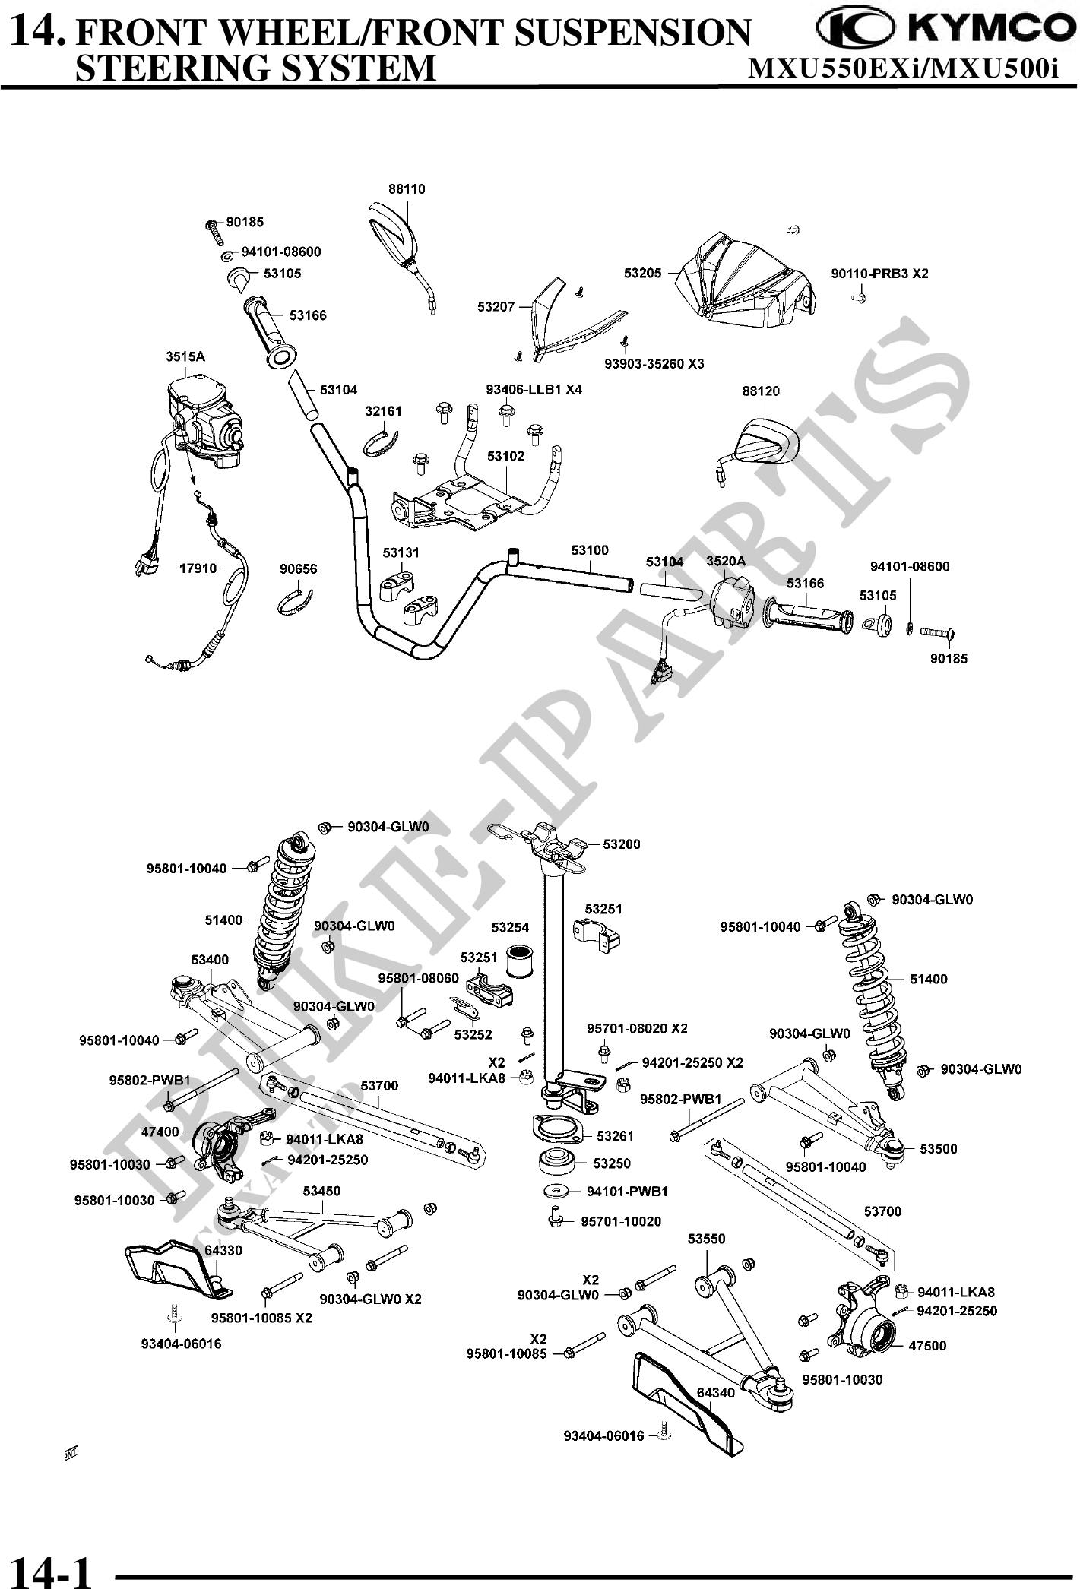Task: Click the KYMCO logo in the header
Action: [x=940, y=29]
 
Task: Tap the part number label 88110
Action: [x=407, y=189]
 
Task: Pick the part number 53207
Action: [x=496, y=307]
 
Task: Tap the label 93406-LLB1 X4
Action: [x=534, y=390]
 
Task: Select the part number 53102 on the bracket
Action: [x=505, y=456]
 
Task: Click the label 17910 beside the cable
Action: [x=198, y=568]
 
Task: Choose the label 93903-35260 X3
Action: [x=654, y=364]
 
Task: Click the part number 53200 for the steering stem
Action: [x=621, y=844]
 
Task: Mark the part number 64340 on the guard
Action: [x=715, y=1392]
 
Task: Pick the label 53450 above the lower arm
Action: [x=321, y=1191]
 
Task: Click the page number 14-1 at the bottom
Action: [x=52, y=1567]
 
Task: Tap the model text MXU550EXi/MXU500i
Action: [x=904, y=68]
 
